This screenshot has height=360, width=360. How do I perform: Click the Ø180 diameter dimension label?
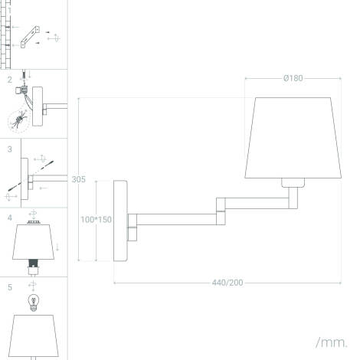point(293,78)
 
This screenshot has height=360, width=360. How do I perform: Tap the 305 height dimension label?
point(78,180)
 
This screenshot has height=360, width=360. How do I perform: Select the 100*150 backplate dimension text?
point(97,219)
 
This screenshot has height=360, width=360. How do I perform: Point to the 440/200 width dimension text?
point(227,283)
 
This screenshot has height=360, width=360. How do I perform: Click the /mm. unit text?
point(331,342)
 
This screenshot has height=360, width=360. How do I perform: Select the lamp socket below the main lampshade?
point(293,182)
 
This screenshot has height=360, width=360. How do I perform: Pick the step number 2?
point(10,80)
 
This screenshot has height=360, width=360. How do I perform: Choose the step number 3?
point(10,149)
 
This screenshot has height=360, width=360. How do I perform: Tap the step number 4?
point(10,218)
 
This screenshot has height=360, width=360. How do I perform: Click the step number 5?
point(10,287)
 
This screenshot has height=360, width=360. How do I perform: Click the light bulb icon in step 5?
point(33,301)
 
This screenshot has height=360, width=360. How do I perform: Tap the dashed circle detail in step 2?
point(20,121)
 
